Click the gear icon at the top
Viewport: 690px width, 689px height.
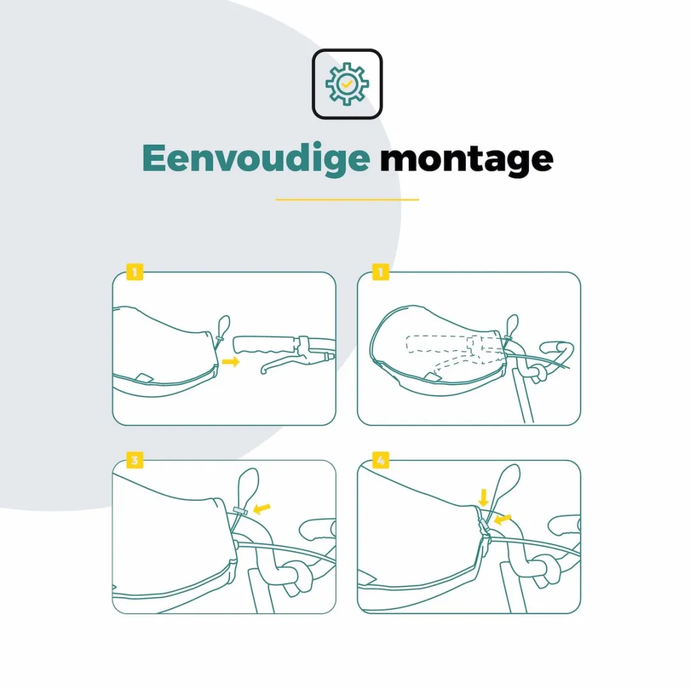(x=347, y=84)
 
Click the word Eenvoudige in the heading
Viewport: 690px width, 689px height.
(x=256, y=158)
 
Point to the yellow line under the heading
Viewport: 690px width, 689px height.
(x=347, y=200)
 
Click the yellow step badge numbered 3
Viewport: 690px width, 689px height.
(x=135, y=460)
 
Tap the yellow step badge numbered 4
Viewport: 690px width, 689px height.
(x=381, y=460)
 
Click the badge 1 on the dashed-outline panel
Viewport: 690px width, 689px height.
(x=381, y=272)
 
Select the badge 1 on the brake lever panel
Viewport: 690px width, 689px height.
(x=135, y=272)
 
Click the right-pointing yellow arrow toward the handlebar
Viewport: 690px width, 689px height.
(x=231, y=361)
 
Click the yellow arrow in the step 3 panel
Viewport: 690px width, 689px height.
(x=261, y=508)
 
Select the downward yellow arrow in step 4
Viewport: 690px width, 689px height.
(x=483, y=497)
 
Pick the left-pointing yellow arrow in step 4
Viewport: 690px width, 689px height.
(x=503, y=519)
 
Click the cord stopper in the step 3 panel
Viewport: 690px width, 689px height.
(x=240, y=510)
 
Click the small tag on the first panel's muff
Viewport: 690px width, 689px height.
(x=144, y=377)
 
